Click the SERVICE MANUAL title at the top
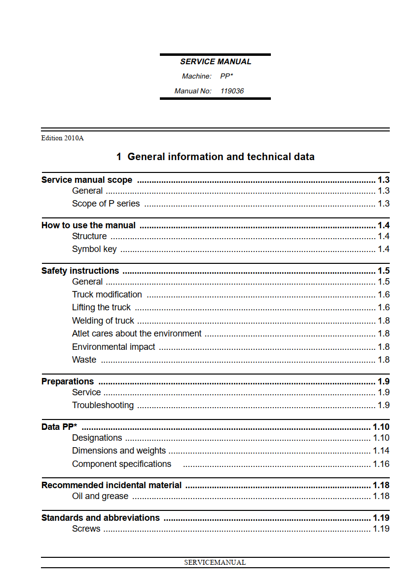coord(216,62)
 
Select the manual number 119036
coord(232,91)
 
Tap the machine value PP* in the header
coord(226,76)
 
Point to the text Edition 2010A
coord(62,138)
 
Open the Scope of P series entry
coord(106,204)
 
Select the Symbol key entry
coord(94,249)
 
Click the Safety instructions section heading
coord(80,271)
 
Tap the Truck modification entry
coord(107,294)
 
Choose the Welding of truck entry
coord(103,321)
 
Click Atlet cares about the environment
coord(137,334)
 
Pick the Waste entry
coord(84,360)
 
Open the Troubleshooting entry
coord(103,405)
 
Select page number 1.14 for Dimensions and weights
coord(381,451)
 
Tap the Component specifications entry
coord(121,464)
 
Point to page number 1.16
coord(381,464)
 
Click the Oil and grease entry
coord(100,496)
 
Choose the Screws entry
coord(86,529)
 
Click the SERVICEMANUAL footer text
coord(215,562)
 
